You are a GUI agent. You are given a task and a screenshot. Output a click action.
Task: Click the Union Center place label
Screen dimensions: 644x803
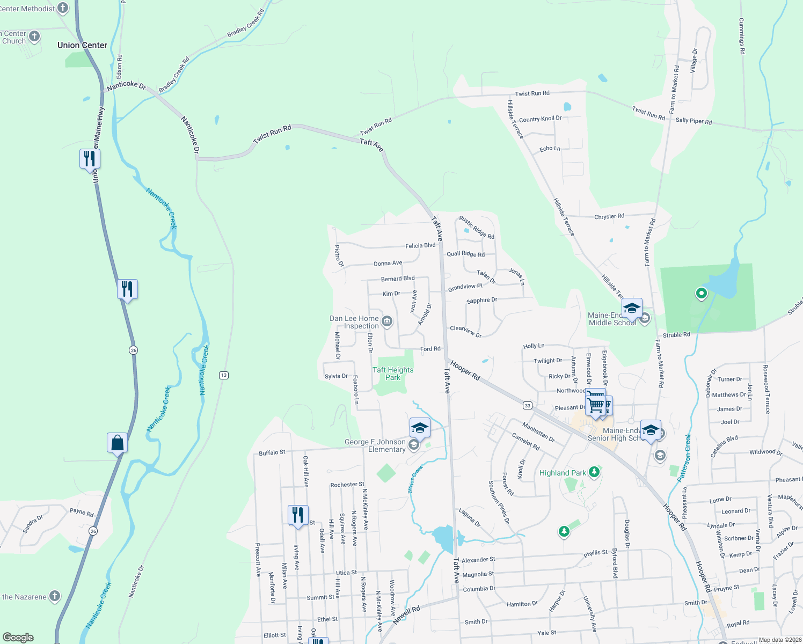point(82,46)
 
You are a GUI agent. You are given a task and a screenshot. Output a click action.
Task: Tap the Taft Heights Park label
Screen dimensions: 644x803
point(393,374)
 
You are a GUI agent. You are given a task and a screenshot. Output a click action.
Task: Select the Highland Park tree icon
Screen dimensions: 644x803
point(594,472)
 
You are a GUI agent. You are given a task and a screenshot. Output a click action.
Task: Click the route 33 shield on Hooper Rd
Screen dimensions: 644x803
point(528,406)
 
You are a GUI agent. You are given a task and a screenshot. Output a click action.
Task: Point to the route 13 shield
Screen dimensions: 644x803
point(224,375)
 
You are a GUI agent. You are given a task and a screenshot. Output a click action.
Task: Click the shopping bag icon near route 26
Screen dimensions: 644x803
point(117,443)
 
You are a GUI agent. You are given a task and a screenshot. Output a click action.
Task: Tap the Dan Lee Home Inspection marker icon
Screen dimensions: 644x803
point(387,321)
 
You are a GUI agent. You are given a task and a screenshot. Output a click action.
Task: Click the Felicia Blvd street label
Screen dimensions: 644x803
point(420,246)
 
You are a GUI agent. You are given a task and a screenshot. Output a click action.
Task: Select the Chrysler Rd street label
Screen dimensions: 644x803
point(609,217)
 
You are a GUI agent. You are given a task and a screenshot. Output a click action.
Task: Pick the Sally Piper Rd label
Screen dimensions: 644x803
point(693,121)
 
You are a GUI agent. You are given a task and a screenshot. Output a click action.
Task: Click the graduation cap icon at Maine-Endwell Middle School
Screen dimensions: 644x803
point(632,309)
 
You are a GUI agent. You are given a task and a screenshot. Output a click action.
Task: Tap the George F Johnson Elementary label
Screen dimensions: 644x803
point(375,446)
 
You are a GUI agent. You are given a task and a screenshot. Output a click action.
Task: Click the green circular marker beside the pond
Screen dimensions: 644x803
point(701,293)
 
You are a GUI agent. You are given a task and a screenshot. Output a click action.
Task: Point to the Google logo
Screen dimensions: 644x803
point(18,638)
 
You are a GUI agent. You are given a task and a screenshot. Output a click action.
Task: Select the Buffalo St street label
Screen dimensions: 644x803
point(272,453)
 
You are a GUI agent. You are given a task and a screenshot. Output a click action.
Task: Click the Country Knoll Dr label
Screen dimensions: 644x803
point(540,119)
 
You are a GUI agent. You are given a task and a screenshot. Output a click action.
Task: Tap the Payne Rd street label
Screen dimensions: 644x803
point(82,512)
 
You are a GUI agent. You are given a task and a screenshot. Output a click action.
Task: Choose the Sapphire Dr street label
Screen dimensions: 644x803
point(482,301)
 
